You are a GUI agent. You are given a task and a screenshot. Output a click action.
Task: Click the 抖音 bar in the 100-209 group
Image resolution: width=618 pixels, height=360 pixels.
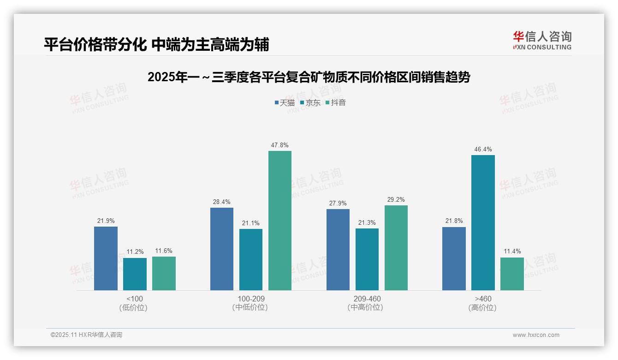[x=280, y=221]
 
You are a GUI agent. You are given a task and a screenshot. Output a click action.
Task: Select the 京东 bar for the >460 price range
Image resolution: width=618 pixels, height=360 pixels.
[x=483, y=222]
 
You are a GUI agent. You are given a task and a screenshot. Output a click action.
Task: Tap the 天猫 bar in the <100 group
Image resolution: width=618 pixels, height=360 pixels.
[x=106, y=258]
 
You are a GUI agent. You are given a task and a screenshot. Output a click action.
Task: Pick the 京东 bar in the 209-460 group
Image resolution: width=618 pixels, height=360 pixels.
[x=367, y=259]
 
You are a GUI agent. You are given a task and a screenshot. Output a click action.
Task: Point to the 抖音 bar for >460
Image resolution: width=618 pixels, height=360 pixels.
[x=512, y=274]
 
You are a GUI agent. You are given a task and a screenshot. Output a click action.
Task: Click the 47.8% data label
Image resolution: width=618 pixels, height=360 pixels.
[x=280, y=145]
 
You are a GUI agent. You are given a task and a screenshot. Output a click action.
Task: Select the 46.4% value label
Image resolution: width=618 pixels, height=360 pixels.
[x=483, y=150]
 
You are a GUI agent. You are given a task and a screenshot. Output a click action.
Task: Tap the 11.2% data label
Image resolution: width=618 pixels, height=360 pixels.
[x=135, y=252]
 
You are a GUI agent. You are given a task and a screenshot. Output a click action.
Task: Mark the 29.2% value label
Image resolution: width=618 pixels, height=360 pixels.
[x=396, y=200]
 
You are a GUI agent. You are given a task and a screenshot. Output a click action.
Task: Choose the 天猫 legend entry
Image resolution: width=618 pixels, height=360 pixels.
[x=285, y=103]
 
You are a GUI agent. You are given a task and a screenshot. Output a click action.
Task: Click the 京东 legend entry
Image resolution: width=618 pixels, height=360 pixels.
[x=310, y=103]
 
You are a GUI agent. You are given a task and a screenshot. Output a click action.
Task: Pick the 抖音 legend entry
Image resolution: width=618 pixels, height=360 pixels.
[x=336, y=103]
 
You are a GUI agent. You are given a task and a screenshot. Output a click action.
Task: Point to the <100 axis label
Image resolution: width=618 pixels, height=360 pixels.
[x=134, y=299]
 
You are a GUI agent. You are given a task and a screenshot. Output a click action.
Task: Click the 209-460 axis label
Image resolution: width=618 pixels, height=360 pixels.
[x=367, y=299]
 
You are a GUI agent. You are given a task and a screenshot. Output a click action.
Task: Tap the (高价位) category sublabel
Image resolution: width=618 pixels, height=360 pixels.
[x=482, y=308]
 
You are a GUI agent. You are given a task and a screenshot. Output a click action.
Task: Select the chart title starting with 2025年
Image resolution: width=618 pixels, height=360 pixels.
[x=309, y=78]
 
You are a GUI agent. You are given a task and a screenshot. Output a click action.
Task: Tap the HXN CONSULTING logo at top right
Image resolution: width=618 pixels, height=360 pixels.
[x=542, y=41]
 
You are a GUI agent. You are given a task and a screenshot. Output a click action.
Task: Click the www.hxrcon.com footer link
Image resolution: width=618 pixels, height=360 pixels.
[x=536, y=335]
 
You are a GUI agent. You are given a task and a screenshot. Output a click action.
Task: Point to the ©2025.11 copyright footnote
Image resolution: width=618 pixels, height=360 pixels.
[x=86, y=335]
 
